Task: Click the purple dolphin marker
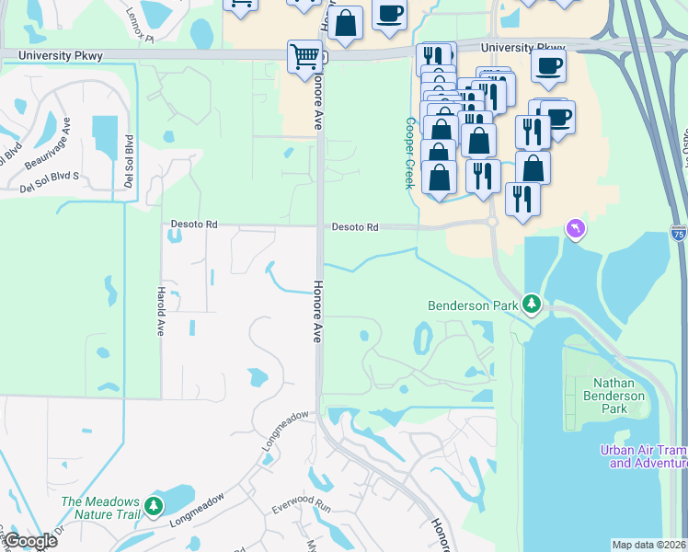coord(576,227)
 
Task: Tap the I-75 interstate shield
coord(678,234)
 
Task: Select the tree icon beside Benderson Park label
coord(531,304)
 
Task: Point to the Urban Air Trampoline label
coord(643,456)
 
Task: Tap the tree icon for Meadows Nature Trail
coord(154,506)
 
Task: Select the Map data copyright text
coord(649,545)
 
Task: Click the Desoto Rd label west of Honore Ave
coord(194,224)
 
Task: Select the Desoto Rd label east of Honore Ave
coord(355,226)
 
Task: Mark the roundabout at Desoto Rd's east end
coord(493,222)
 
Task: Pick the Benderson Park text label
coord(473,305)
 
